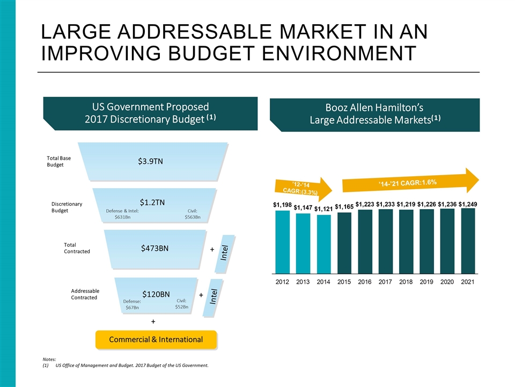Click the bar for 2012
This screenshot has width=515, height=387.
point(283,242)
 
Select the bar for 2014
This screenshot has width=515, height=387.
point(323,244)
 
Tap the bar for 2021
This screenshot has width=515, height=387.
point(467,241)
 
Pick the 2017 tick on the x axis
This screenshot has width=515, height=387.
point(385,281)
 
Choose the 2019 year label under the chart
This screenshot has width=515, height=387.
point(426,281)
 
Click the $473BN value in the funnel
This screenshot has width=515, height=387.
point(154,248)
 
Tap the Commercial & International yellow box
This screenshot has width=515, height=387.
point(156,339)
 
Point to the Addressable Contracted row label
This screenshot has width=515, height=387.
point(85,294)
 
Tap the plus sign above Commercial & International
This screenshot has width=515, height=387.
point(153,321)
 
